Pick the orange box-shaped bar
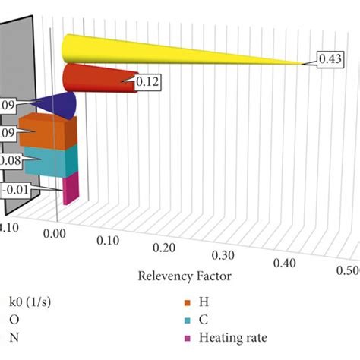48,133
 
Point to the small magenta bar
69,188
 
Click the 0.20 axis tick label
166,249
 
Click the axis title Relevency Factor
184,276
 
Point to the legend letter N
13,339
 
